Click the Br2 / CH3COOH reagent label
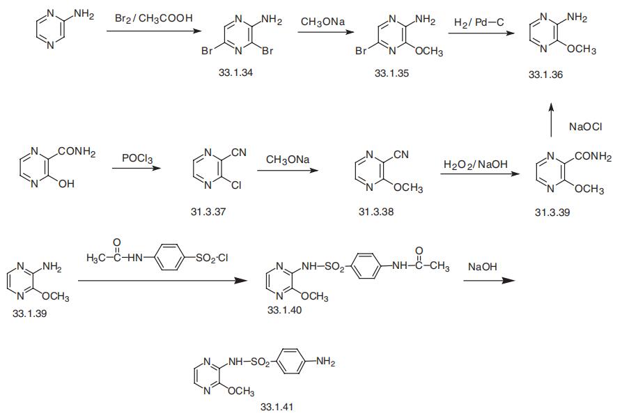click(x=154, y=18)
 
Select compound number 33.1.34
click(x=235, y=72)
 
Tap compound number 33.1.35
click(x=391, y=73)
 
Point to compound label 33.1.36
click(x=545, y=74)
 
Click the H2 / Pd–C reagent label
click(x=479, y=22)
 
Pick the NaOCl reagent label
click(x=586, y=127)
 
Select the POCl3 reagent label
click(x=137, y=158)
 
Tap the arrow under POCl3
click(x=137, y=168)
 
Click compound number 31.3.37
click(x=208, y=212)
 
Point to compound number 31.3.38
click(x=376, y=212)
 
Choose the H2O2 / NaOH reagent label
click(x=475, y=164)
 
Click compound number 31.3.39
click(x=552, y=212)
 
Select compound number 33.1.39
click(x=30, y=313)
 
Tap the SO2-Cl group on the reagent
click(x=212, y=258)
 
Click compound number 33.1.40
click(x=284, y=310)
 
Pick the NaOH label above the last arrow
click(x=483, y=267)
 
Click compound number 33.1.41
click(x=277, y=406)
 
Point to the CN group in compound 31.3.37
click(x=238, y=153)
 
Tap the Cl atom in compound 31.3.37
click(x=236, y=185)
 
